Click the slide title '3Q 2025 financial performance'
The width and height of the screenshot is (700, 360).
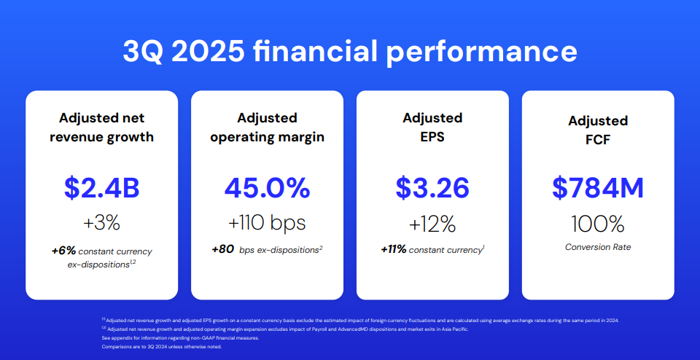click(350, 51)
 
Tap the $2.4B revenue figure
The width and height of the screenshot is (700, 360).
click(102, 188)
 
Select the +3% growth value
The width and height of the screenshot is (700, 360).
click(102, 223)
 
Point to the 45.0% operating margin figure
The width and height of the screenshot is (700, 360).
click(267, 188)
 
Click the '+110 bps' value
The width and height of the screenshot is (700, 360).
click(267, 223)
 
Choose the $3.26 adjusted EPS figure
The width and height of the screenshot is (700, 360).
click(432, 188)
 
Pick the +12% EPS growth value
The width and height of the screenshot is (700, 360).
click(432, 223)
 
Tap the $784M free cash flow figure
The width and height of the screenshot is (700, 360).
click(598, 188)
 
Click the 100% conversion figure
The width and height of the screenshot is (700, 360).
click(598, 224)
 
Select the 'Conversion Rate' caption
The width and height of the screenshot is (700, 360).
click(598, 247)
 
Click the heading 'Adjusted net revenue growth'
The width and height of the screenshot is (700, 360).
click(102, 127)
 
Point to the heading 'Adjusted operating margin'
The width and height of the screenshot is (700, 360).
click(267, 127)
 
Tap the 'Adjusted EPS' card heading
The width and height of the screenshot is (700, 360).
click(432, 127)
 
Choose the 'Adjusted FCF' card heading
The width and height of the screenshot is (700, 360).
click(598, 130)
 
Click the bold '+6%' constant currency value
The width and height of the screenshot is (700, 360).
click(63, 251)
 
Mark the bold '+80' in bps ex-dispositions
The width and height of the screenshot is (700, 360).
click(223, 249)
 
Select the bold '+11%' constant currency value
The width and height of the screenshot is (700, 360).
click(393, 249)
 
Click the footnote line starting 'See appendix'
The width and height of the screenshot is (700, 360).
click(180, 337)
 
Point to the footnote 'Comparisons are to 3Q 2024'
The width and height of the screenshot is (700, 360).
click(162, 347)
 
